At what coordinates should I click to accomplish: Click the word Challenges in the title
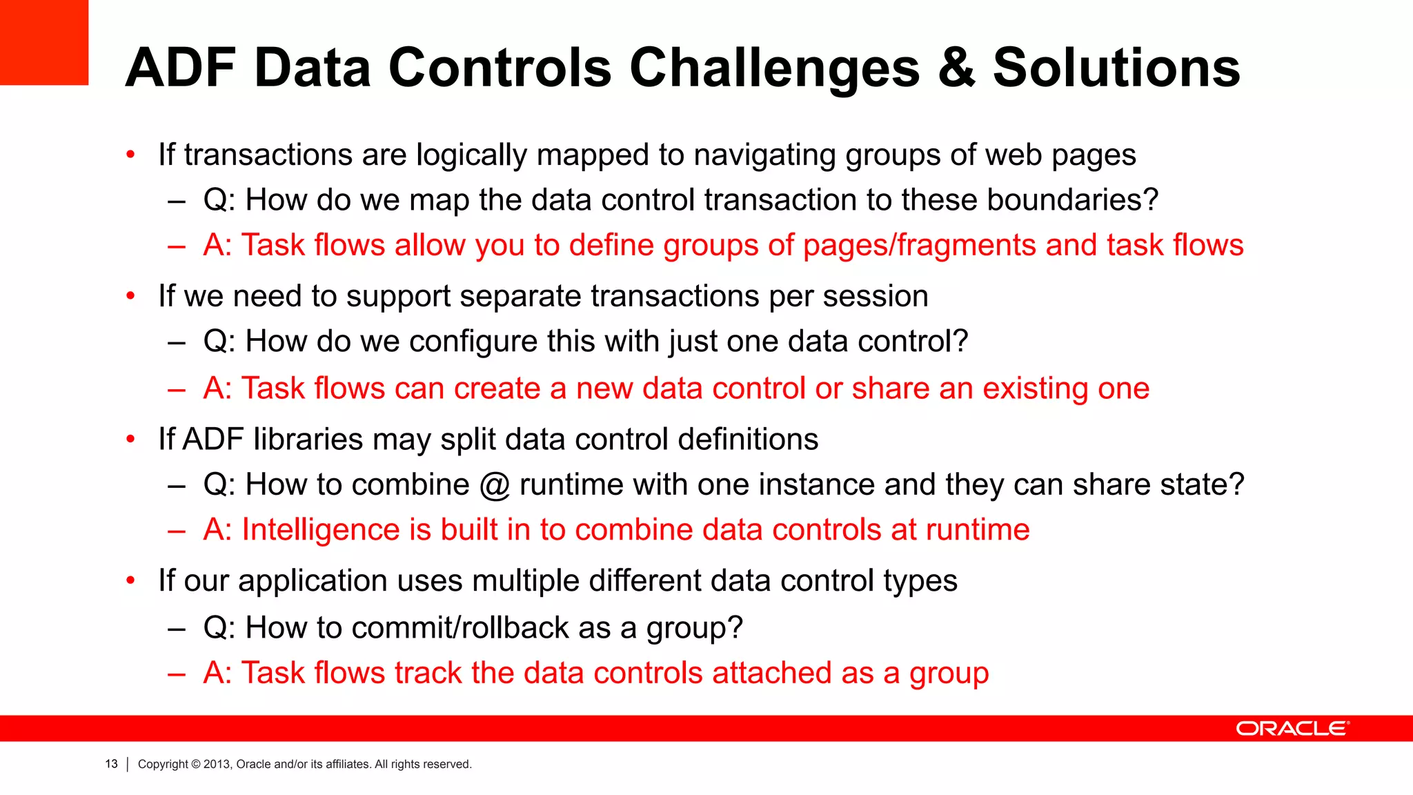774,69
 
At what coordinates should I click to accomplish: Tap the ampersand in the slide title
957,69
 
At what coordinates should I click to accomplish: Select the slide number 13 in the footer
111,764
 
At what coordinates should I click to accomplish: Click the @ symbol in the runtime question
494,484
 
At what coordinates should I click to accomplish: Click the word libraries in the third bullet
308,440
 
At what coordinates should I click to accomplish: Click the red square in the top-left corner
43,42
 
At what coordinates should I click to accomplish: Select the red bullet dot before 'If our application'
130,581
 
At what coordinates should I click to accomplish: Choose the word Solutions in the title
1116,69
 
